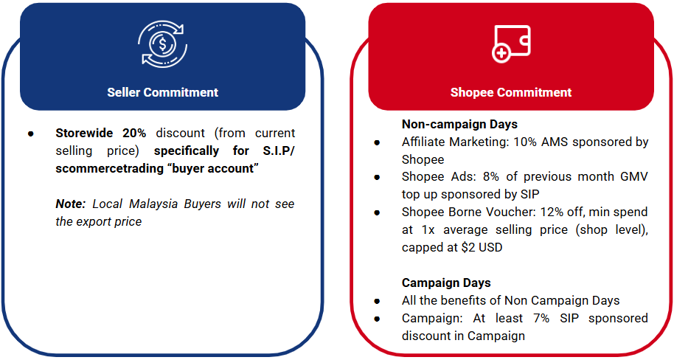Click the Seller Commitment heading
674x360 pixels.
(162, 92)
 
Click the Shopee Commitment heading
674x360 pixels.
(511, 92)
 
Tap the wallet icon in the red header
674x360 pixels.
(510, 44)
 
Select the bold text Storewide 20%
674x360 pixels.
(101, 134)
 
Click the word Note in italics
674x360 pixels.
(69, 204)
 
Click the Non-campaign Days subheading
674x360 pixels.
(459, 124)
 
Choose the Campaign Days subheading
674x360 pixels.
(446, 283)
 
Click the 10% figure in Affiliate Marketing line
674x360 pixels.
(540, 142)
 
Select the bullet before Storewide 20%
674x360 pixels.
(30, 134)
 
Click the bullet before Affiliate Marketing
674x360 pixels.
(378, 142)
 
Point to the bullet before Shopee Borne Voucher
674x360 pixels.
(378, 213)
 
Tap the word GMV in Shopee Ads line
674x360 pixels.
(632, 177)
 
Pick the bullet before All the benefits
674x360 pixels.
(378, 301)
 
